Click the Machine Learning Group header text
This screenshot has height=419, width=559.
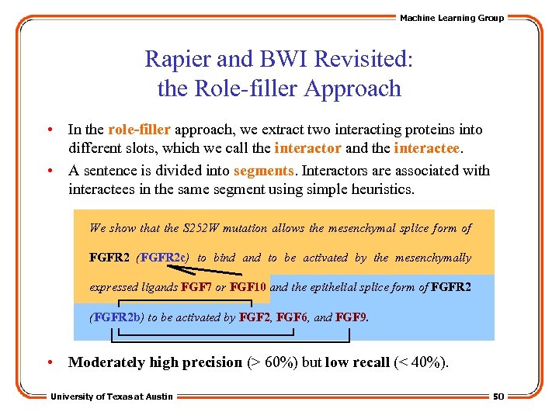click(x=451, y=18)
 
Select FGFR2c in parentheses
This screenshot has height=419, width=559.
click(x=164, y=258)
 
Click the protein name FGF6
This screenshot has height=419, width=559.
click(x=292, y=317)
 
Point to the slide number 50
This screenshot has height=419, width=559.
click(x=498, y=396)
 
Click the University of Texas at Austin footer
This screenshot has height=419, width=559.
click(x=112, y=396)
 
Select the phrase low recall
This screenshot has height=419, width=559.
click(x=357, y=362)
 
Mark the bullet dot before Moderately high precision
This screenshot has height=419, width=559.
click(x=50, y=362)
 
